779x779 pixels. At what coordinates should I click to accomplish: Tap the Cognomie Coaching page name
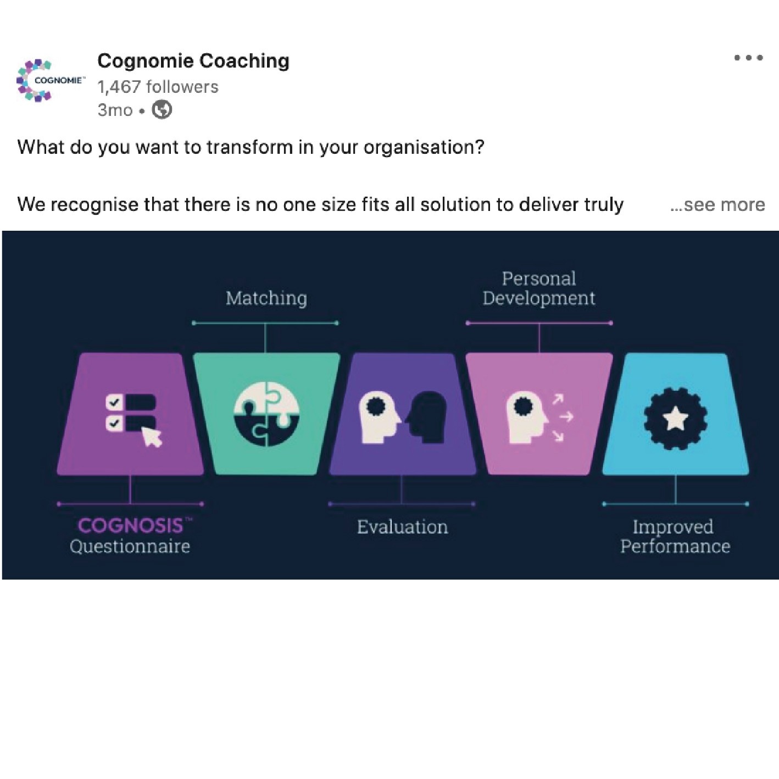193,61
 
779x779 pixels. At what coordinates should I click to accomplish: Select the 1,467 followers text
158,87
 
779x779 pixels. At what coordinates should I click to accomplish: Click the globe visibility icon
162,110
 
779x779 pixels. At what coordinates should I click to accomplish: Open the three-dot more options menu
748,58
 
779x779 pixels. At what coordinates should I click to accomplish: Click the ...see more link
717,205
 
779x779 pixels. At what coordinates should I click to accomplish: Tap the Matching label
266,298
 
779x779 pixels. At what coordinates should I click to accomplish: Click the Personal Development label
538,288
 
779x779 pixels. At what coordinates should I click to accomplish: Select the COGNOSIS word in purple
130,526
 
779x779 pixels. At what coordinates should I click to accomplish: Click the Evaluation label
402,527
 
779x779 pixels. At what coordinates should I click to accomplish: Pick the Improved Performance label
675,536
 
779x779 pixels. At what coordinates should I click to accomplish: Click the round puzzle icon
266,413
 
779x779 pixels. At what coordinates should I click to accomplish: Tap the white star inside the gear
675,420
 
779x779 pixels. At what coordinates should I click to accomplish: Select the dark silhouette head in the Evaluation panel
429,416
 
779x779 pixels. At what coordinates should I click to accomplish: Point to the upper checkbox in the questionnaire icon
114,403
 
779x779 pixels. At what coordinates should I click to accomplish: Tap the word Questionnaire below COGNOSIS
130,547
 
